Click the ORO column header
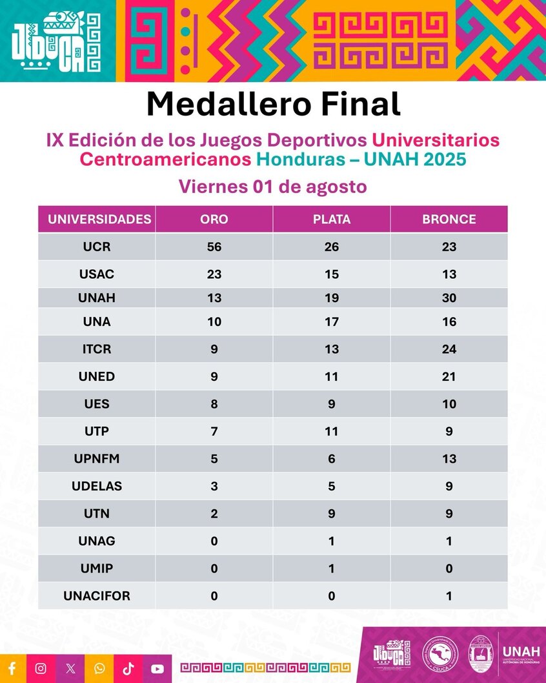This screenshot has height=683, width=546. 214,219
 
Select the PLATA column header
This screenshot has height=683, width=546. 332,219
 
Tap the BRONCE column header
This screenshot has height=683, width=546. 449,219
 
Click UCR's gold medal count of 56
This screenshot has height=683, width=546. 214,247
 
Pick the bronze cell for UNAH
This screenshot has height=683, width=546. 449,298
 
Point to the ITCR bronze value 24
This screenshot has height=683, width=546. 449,349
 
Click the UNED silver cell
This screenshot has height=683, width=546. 332,377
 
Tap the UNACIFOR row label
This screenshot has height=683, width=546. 97,596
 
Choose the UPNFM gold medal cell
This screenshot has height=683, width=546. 214,459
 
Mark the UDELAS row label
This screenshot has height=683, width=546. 97,486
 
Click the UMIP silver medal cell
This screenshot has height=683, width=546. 332,569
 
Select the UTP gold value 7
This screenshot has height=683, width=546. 214,431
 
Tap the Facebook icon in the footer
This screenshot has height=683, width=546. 12,668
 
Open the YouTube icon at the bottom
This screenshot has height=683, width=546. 157,669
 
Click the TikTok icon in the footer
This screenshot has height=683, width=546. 128,668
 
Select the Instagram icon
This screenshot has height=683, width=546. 41,668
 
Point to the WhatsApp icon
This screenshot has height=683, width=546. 99,668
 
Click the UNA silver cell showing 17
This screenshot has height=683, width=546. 332,321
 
